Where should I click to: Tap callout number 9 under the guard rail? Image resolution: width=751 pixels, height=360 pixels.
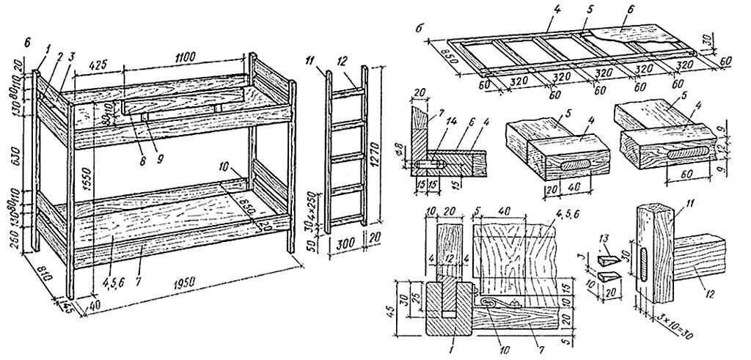tap(152, 135)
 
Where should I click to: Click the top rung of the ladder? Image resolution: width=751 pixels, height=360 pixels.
tap(351, 94)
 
